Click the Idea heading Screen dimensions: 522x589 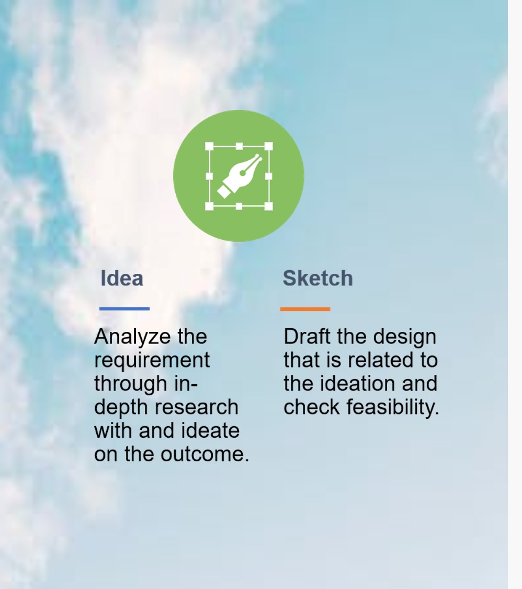click(x=122, y=279)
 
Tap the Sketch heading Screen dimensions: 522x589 click(x=318, y=279)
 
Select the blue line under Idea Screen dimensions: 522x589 click(x=124, y=309)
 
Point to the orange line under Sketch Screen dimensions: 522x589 click(x=305, y=309)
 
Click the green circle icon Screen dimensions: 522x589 click(x=239, y=176)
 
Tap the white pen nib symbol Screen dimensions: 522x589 click(x=240, y=176)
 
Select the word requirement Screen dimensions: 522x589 click(x=152, y=361)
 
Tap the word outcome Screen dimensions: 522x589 click(x=205, y=454)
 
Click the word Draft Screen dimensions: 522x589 click(x=307, y=337)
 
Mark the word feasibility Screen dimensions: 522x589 click(x=392, y=407)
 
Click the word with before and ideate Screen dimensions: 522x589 click(x=114, y=431)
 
